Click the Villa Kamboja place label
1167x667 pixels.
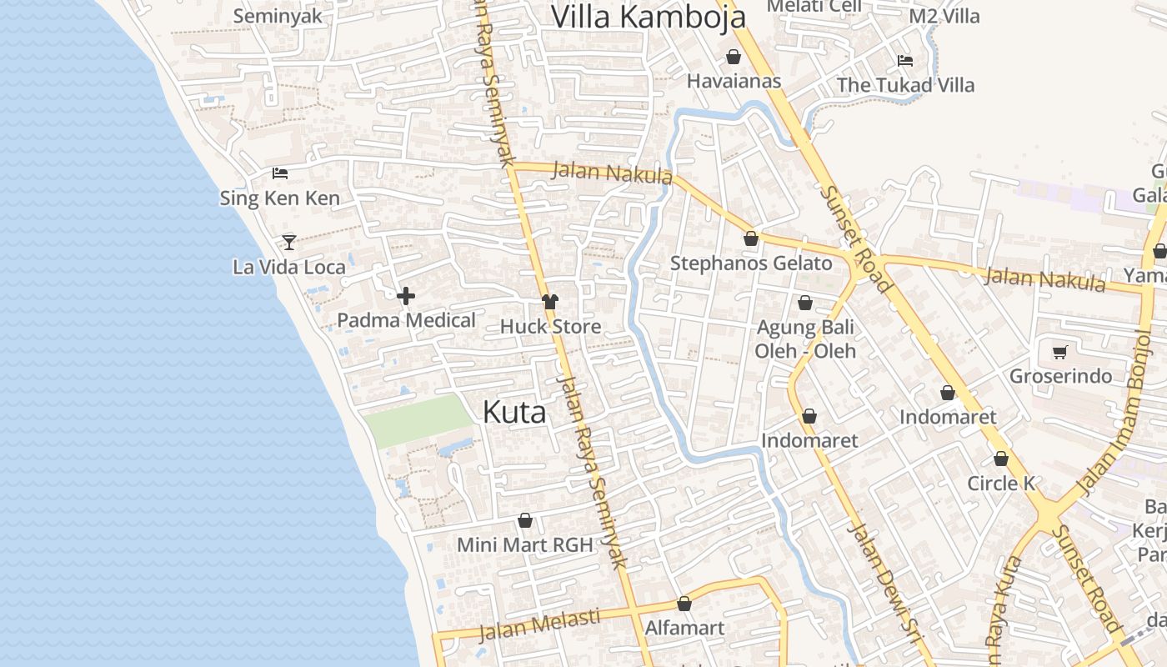pyautogui.click(x=649, y=17)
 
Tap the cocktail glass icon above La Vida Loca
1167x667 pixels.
pyautogui.click(x=289, y=242)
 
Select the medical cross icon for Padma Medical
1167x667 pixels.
pyautogui.click(x=406, y=296)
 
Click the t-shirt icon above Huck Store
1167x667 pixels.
pyautogui.click(x=549, y=302)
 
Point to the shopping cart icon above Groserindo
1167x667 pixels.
pyautogui.click(x=1059, y=352)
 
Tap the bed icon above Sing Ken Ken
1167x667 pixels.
pyautogui.click(x=280, y=173)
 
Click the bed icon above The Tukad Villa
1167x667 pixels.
pyautogui.click(x=905, y=60)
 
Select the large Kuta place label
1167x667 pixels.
pyautogui.click(x=514, y=412)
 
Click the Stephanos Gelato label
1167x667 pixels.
pyautogui.click(x=751, y=263)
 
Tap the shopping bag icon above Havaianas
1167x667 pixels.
pyautogui.click(x=734, y=57)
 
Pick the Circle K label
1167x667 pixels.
pyautogui.click(x=1001, y=484)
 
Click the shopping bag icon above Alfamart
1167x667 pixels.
pyautogui.click(x=684, y=604)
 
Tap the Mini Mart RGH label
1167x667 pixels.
pyautogui.click(x=525, y=545)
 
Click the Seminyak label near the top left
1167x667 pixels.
pyautogui.click(x=278, y=16)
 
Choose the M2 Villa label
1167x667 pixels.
pyautogui.click(x=944, y=16)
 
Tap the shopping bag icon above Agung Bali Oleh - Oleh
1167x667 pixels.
pyautogui.click(x=805, y=303)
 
